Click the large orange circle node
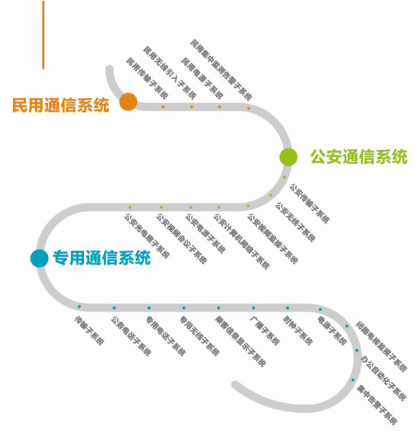point(128,102)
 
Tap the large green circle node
point(289,156)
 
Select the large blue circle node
point(40,258)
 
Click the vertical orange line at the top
point(43,34)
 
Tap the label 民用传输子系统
point(147,78)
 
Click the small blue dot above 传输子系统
point(79,307)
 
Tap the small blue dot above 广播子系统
point(253,308)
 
